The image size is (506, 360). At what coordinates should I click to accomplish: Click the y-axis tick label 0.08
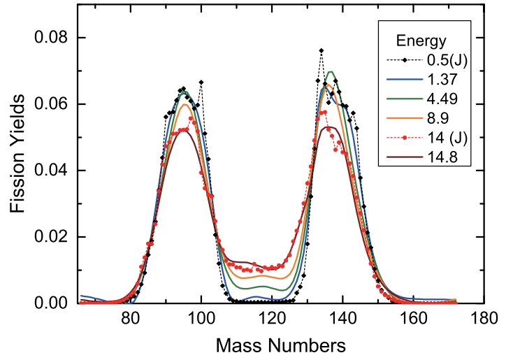click(x=56, y=38)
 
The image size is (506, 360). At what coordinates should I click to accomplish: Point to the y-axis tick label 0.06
click(x=56, y=104)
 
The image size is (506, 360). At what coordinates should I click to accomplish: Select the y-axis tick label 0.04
click(x=56, y=171)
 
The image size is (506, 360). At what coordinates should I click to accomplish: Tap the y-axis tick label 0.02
click(x=56, y=237)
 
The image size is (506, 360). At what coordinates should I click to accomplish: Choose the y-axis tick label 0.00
click(x=56, y=303)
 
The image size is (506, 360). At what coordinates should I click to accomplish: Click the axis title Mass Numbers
click(x=280, y=345)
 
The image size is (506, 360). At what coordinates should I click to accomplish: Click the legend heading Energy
click(x=417, y=39)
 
